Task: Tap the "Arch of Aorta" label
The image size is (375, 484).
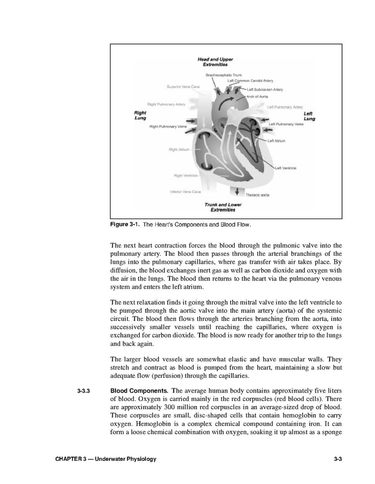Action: point(257,96)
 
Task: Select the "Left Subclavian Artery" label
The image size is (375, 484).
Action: point(264,89)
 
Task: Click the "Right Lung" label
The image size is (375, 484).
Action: point(140,115)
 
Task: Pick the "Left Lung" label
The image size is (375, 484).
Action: point(309,116)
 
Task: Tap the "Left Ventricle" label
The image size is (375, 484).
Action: point(285,168)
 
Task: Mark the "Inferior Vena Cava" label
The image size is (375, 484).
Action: point(185,191)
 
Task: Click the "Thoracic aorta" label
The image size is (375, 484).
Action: point(257,194)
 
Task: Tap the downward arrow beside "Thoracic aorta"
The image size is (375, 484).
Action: point(237,192)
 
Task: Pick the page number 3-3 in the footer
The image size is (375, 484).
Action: point(338,459)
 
